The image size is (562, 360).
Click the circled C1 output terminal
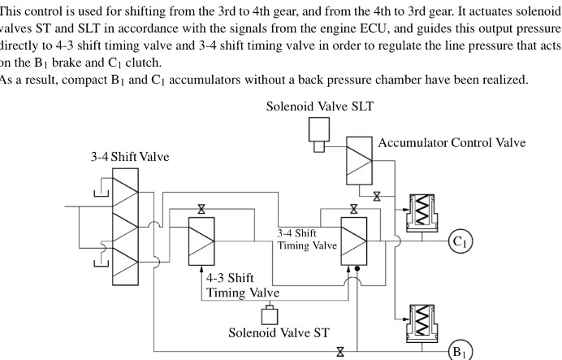pos(460,241)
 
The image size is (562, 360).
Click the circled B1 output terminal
pos(460,351)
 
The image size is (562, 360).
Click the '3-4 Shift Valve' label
pos(130,156)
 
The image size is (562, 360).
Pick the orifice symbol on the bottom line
pos(340,351)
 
